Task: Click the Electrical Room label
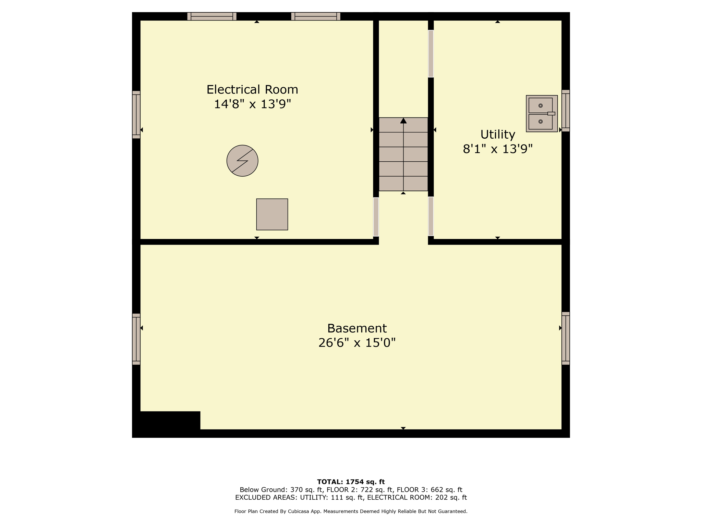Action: click(252, 90)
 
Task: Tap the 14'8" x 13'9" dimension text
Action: click(252, 104)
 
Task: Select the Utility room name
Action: click(498, 135)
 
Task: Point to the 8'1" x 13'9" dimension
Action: click(498, 149)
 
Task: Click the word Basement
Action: click(357, 328)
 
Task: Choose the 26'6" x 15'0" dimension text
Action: click(357, 343)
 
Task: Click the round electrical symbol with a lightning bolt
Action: click(242, 161)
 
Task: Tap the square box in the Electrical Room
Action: click(272, 214)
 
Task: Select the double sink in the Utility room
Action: click(542, 114)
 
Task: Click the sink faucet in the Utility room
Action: click(551, 113)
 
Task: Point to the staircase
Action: click(403, 154)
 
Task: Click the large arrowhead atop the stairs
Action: click(403, 121)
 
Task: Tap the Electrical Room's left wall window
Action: click(136, 115)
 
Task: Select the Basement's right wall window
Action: click(566, 338)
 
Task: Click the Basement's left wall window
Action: click(136, 339)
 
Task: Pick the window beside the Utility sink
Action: click(566, 111)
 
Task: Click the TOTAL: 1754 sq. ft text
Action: click(351, 482)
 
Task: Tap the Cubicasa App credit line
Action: click(351, 511)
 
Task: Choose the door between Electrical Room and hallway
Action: click(376, 217)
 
